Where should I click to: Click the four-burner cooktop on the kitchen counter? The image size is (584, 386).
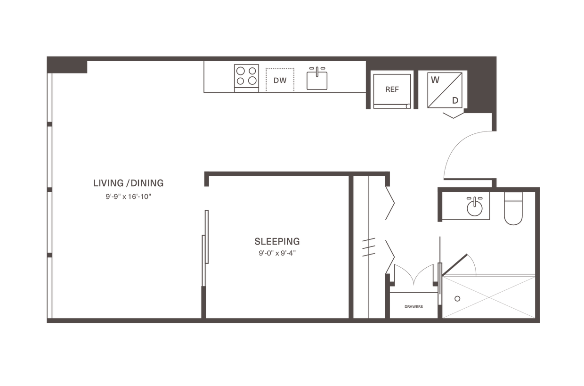click(x=247, y=76)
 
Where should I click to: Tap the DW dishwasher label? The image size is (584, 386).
click(x=280, y=81)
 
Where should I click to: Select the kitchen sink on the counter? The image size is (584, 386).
click(x=317, y=78)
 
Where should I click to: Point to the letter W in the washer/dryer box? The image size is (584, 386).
click(x=435, y=80)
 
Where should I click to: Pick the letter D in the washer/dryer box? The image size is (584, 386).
click(x=455, y=100)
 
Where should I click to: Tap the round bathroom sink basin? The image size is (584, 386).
click(x=474, y=207)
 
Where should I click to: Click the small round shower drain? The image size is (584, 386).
click(x=456, y=298)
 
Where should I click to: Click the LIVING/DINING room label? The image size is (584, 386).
click(x=129, y=182)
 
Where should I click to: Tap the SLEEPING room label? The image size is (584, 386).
click(x=277, y=242)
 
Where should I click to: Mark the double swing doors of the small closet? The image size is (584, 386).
click(x=414, y=276)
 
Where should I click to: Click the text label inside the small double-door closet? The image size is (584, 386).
click(x=414, y=307)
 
